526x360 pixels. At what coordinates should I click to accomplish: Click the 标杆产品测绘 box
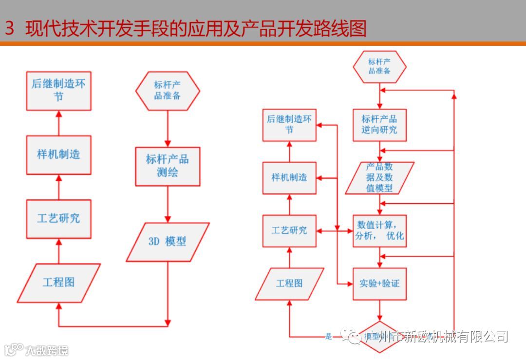pyautogui.click(x=168, y=166)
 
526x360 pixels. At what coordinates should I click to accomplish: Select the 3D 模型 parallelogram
pyautogui.click(x=168, y=242)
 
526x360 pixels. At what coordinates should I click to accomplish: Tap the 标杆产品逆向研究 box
pyautogui.click(x=379, y=125)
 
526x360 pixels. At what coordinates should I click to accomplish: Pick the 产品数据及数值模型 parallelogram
pyautogui.click(x=379, y=177)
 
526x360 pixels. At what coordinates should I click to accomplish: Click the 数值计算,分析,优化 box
pyautogui.click(x=379, y=231)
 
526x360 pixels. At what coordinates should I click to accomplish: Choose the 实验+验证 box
pyautogui.click(x=379, y=283)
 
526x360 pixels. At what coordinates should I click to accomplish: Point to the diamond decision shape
pyautogui.click(x=379, y=336)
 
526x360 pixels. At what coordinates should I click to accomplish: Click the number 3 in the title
pyautogui.click(x=10, y=29)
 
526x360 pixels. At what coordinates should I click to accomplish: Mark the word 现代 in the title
pyautogui.click(x=41, y=29)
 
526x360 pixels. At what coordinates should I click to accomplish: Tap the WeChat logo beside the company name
pyautogui.click(x=351, y=336)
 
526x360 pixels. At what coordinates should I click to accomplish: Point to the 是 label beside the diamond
pyautogui.click(x=328, y=337)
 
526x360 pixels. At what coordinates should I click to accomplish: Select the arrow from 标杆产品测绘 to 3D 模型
pyautogui.click(x=168, y=204)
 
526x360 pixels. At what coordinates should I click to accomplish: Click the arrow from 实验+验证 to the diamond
pyautogui.click(x=379, y=311)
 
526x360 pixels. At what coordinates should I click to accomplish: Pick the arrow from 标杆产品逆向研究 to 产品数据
pyautogui.click(x=379, y=152)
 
